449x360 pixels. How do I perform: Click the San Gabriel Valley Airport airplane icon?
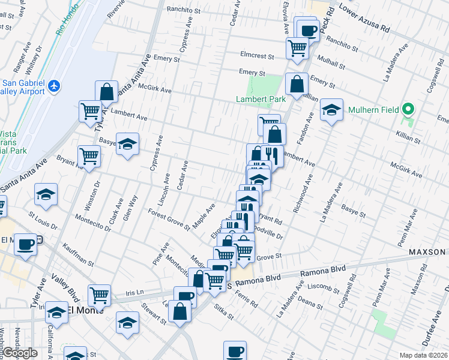[x=54, y=86]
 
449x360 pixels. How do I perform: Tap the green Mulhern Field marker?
[x=408, y=110]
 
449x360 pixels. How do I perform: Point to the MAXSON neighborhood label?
[x=428, y=251]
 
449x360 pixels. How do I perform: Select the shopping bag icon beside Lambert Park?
[x=297, y=85]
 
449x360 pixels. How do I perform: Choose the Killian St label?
[x=408, y=138]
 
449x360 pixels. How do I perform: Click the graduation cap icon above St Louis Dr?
[x=46, y=194]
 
